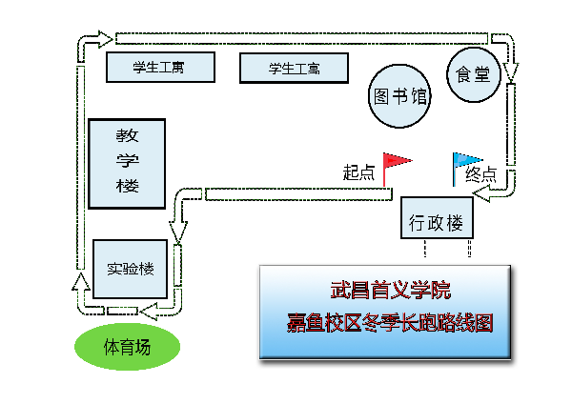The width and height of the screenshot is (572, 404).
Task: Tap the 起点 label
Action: click(358, 172)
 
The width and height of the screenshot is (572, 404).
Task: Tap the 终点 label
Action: click(481, 174)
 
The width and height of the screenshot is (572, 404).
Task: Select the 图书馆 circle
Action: click(399, 96)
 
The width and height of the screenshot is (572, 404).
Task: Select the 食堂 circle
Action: click(474, 74)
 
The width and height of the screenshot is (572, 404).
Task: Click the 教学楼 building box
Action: click(127, 164)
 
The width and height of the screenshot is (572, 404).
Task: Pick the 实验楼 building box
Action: click(131, 269)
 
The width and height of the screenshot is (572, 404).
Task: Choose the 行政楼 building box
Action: click(437, 218)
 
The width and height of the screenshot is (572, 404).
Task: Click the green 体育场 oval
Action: click(128, 347)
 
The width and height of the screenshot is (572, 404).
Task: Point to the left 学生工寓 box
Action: click(160, 67)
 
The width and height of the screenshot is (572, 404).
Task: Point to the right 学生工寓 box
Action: click(294, 69)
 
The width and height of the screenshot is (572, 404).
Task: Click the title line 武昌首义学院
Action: click(391, 291)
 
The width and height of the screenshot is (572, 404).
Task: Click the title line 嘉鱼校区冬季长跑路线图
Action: click(390, 323)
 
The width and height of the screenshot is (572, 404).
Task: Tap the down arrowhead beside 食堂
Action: click(511, 71)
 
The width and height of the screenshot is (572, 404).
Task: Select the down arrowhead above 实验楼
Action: click(178, 232)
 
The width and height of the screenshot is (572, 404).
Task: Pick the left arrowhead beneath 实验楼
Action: click(149, 312)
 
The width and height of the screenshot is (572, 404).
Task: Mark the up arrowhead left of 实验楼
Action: click(81, 281)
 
